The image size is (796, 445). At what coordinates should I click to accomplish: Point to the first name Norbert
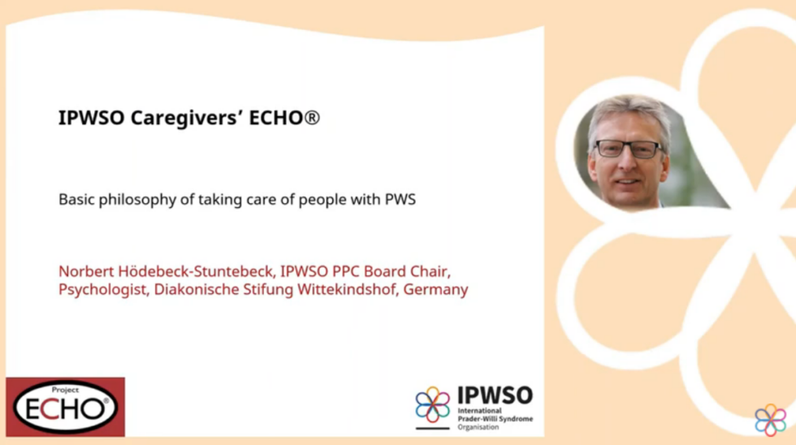[x=84, y=270]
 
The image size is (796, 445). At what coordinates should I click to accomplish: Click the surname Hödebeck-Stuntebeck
[x=185, y=270]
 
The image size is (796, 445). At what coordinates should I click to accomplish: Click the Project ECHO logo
[x=66, y=406]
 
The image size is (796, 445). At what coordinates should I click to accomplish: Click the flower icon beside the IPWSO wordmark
[x=432, y=404]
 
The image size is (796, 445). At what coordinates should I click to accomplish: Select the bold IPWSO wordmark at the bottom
[x=495, y=395]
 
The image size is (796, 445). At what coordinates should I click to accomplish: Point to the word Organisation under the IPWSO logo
[x=478, y=427]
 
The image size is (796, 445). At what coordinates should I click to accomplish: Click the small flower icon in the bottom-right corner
[x=770, y=420]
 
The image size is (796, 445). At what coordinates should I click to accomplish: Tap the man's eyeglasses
[x=628, y=149]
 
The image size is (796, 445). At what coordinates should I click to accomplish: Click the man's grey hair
[x=625, y=111]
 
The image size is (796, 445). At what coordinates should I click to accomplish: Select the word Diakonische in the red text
[x=197, y=289]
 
